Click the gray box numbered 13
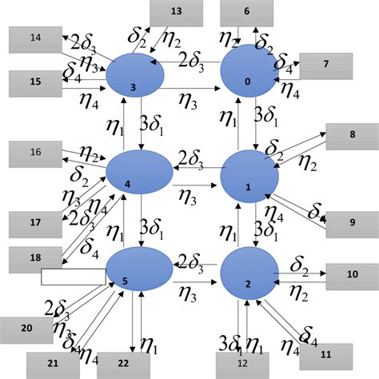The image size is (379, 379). tap(176, 12)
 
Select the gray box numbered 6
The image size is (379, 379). tap(246, 12)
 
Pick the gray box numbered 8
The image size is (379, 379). tap(352, 136)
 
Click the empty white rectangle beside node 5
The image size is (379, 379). tap(74, 276)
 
